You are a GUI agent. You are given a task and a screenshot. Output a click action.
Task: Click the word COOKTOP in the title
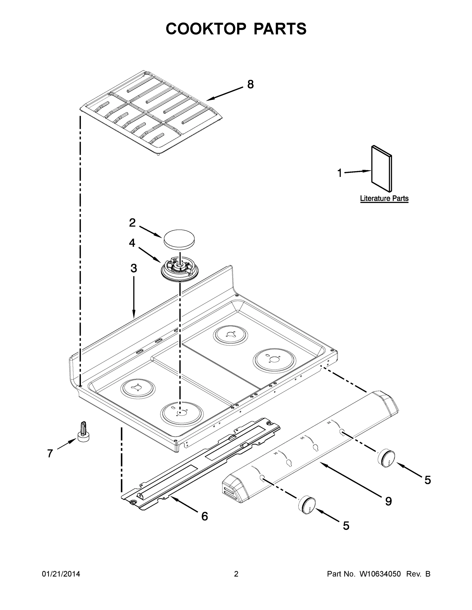(x=206, y=29)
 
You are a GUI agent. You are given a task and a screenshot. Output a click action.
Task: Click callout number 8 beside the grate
(x=250, y=84)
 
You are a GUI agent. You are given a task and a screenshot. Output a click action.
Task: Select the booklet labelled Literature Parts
(x=381, y=169)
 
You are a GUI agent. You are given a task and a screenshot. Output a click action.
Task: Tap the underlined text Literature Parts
(x=384, y=199)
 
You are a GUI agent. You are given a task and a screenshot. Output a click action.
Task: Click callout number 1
(x=339, y=173)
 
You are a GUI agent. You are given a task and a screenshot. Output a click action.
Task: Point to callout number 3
(x=134, y=268)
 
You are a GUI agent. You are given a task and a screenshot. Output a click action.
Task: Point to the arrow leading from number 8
(x=225, y=94)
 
